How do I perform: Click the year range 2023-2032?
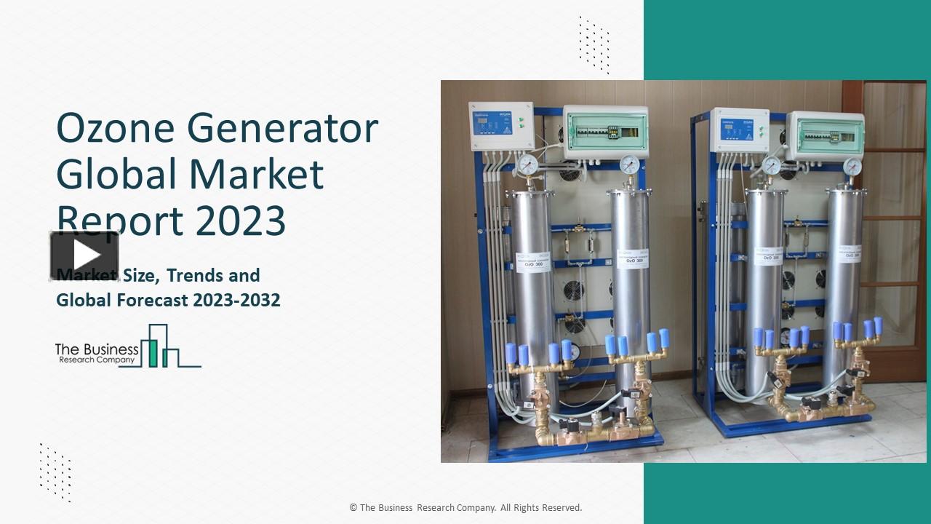(236, 300)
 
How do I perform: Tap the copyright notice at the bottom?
(465, 508)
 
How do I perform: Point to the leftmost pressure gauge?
(527, 164)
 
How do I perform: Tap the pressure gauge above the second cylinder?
(629, 164)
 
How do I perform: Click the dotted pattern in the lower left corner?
(55, 472)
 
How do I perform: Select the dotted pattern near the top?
(594, 44)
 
